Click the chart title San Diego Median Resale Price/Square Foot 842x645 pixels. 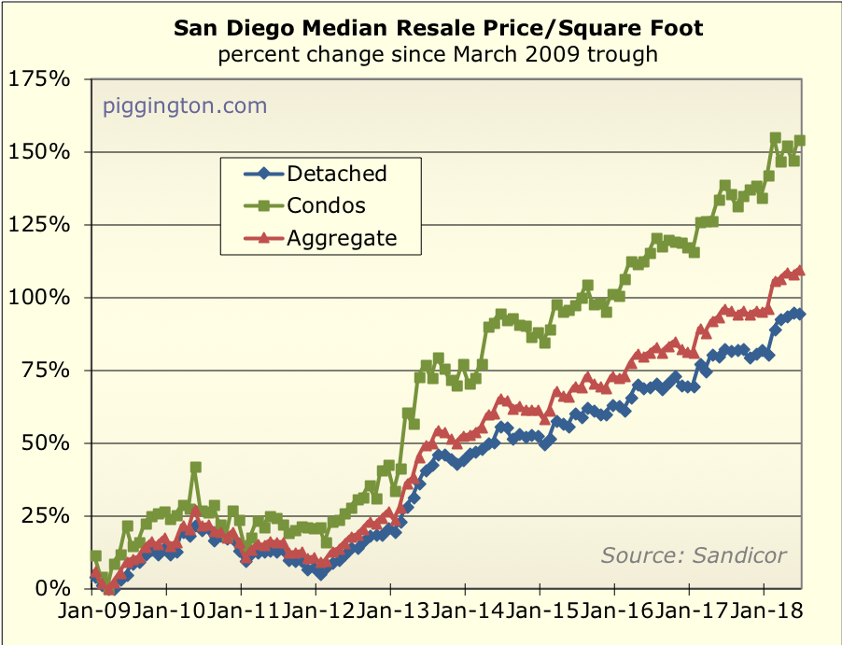pyautogui.click(x=439, y=29)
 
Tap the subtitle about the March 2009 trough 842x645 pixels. pyautogui.click(x=439, y=54)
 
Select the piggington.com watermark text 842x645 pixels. pyautogui.click(x=185, y=105)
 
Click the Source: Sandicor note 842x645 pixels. pyautogui.click(x=694, y=555)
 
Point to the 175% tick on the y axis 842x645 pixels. pyautogui.click(x=39, y=79)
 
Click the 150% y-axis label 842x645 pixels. pyautogui.click(x=39, y=152)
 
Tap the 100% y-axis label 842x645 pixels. pyautogui.click(x=39, y=298)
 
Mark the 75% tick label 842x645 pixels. pyautogui.click(x=45, y=371)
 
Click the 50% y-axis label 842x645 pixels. pyautogui.click(x=45, y=443)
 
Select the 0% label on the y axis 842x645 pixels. pyautogui.click(x=52, y=589)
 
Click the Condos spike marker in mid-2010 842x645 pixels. pyautogui.click(x=195, y=468)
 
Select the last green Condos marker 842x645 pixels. pyautogui.click(x=800, y=141)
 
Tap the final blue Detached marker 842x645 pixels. pyautogui.click(x=800, y=314)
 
